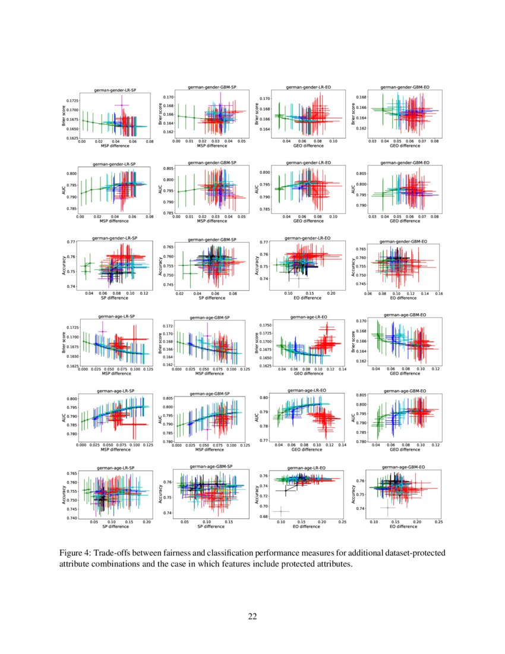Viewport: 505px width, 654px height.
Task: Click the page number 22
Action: [x=252, y=616]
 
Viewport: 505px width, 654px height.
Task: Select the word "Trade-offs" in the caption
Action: [x=115, y=553]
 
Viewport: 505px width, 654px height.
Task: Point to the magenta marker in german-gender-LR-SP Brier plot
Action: [x=122, y=105]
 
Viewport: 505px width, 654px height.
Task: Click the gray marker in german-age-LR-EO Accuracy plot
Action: [x=280, y=511]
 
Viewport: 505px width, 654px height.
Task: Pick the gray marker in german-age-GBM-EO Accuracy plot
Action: [x=388, y=507]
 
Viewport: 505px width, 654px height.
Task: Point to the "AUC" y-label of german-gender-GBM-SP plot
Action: [x=160, y=188]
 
